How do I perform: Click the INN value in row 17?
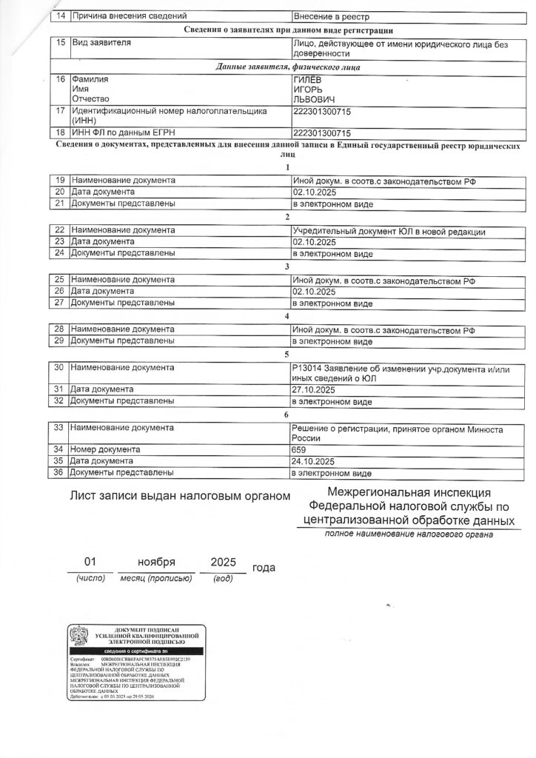(x=323, y=110)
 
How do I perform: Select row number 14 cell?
(x=61, y=16)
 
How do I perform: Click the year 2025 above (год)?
(x=223, y=563)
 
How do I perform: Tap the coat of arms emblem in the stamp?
(x=80, y=634)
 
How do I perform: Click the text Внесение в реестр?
(x=331, y=16)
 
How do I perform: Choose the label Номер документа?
(x=105, y=449)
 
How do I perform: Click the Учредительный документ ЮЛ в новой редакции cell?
(x=389, y=232)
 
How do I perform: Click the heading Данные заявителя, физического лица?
(x=288, y=67)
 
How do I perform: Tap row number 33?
(x=61, y=427)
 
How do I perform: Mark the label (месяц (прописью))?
(x=151, y=578)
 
